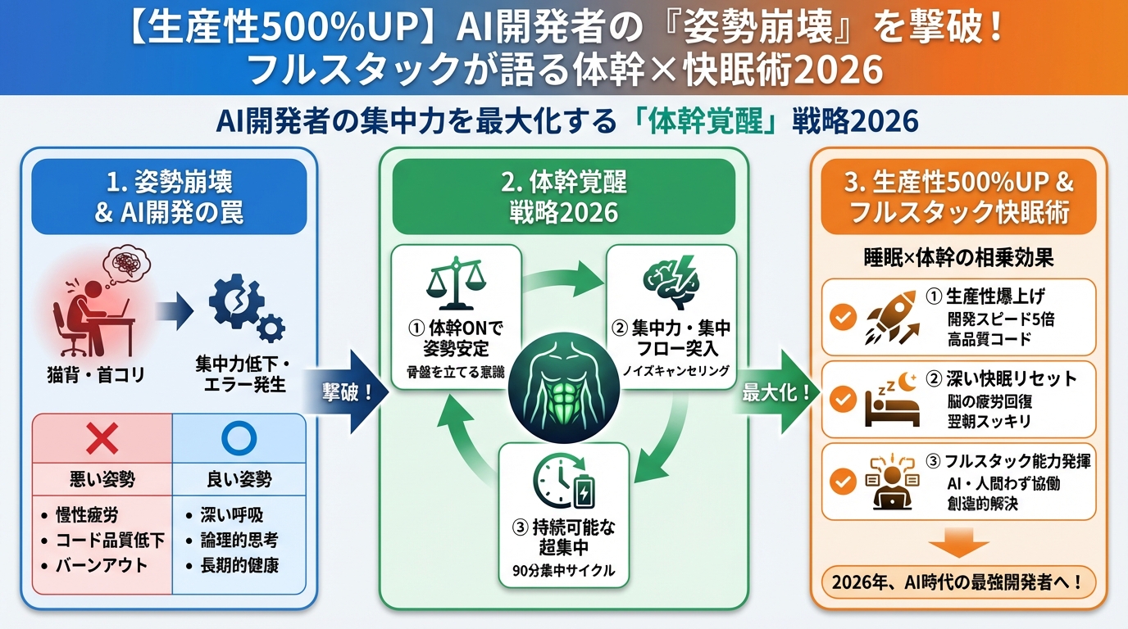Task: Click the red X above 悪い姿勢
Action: [102, 441]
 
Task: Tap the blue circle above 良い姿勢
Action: [239, 441]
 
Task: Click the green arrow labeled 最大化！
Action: [775, 391]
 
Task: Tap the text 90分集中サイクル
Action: [562, 571]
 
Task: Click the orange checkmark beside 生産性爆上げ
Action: [843, 318]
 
